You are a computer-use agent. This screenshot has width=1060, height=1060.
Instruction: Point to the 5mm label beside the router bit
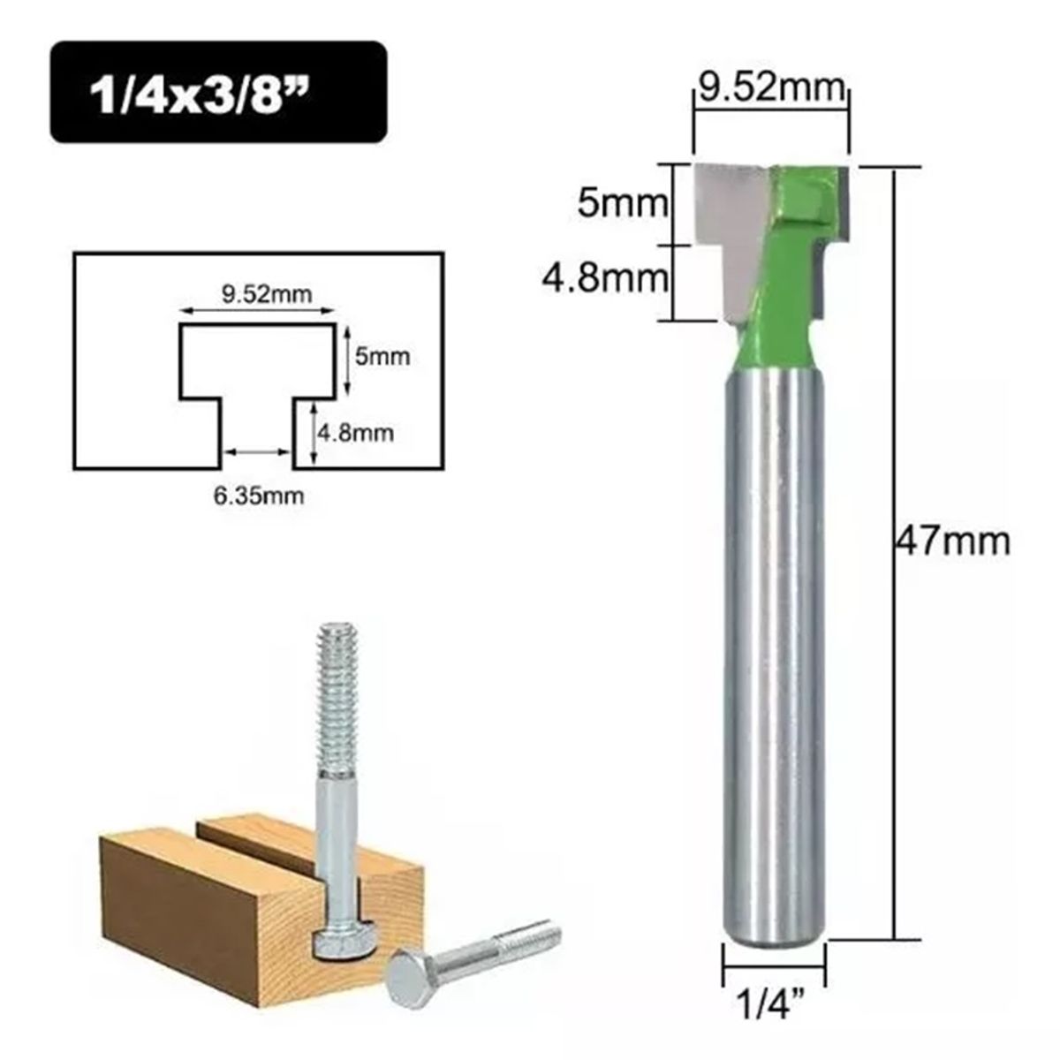tap(620, 205)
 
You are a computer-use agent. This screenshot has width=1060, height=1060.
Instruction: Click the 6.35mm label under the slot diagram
tap(258, 496)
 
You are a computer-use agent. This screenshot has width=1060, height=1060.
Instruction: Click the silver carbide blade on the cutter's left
tap(729, 230)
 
